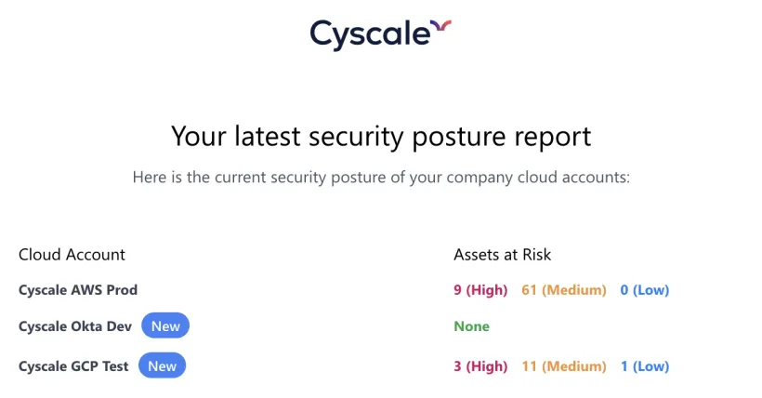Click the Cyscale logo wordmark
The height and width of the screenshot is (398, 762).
coord(370,33)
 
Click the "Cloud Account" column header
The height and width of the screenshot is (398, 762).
coord(72,254)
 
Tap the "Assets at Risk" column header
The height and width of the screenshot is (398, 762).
coord(503,254)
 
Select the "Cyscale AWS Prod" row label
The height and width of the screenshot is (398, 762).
coord(78,290)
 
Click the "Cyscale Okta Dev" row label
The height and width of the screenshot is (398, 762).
coord(76,326)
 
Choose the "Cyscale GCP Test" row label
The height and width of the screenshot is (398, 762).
coord(74,365)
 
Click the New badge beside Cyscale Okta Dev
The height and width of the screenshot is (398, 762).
coord(165,326)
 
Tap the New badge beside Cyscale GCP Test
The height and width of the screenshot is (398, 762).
coord(163,365)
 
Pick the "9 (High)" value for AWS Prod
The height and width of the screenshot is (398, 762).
coord(480,290)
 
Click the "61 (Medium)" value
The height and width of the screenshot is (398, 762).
coord(564,290)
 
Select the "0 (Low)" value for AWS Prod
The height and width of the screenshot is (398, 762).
coord(644,290)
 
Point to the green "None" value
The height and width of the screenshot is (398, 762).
coord(471,326)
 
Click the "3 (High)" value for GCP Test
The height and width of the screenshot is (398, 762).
coord(480,365)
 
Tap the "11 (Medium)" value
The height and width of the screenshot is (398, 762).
coord(564,365)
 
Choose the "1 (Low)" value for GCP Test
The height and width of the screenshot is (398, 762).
coord(644,365)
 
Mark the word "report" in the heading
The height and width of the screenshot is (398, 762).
coord(548,137)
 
